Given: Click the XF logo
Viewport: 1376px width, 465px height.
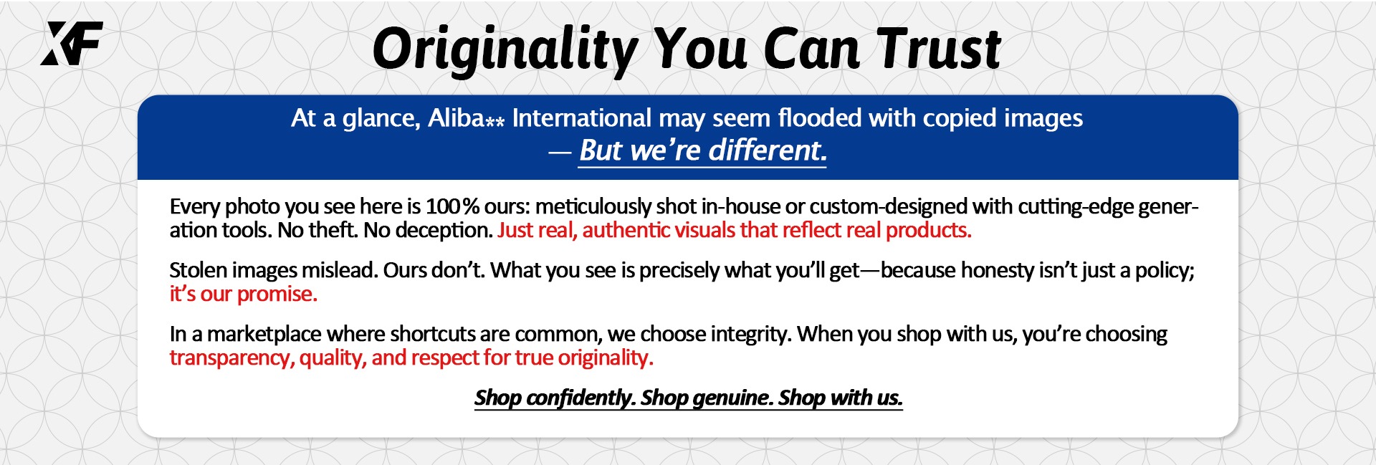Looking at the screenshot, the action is click(x=72, y=43).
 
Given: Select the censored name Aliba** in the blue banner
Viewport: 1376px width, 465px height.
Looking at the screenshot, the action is click(x=466, y=118).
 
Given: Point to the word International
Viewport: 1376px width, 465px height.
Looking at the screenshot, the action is click(x=581, y=118).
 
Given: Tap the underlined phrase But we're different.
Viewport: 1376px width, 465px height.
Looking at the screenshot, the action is click(x=702, y=150).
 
